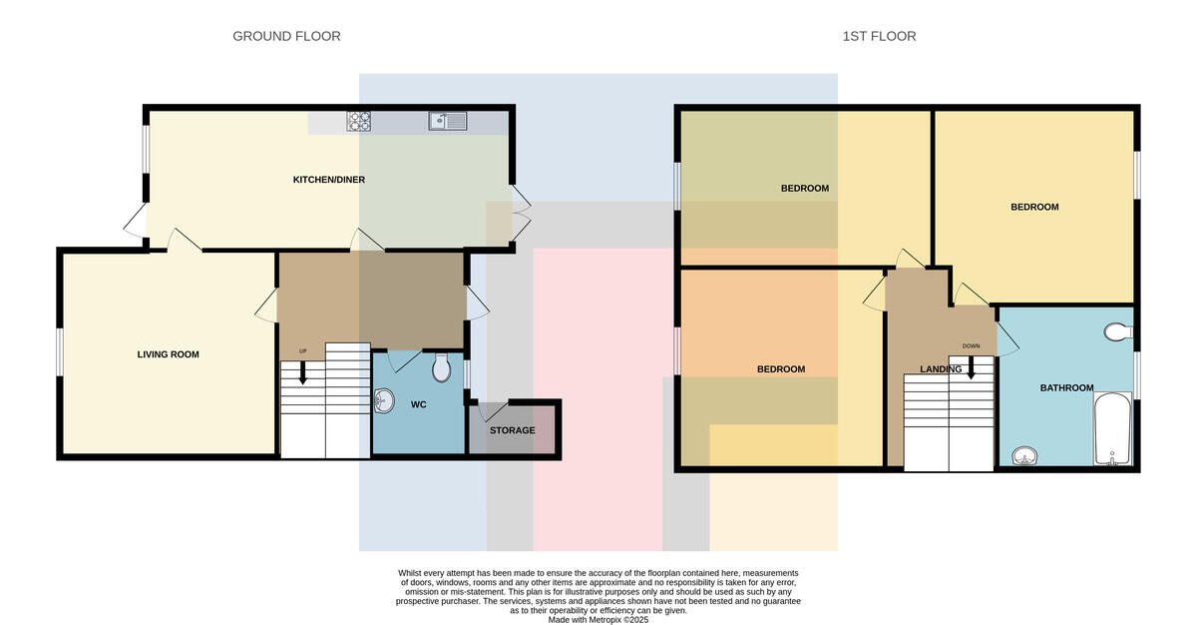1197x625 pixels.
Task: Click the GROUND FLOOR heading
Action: [x=286, y=36]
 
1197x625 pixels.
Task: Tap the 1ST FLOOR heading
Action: [x=879, y=36]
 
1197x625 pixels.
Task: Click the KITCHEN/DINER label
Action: [x=328, y=180]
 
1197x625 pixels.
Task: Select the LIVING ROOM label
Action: [x=168, y=354]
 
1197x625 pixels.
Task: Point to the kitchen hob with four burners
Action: [x=358, y=122]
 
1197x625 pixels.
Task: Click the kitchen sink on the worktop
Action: [x=448, y=121]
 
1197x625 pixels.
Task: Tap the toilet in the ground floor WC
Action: [x=441, y=367]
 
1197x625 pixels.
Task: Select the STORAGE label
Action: [x=512, y=430]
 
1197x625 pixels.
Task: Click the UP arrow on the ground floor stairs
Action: [x=302, y=372]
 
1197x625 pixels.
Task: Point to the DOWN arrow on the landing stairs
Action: [x=971, y=367]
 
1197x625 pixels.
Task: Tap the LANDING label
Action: [x=941, y=369]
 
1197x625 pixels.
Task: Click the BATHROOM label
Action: [x=1066, y=388]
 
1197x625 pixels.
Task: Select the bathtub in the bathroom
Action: [x=1112, y=428]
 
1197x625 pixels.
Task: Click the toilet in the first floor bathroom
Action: [x=1118, y=332]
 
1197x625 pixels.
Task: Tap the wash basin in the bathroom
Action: [x=1025, y=456]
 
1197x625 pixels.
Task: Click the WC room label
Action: [x=418, y=404]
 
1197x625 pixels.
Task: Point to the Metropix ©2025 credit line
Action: [x=598, y=620]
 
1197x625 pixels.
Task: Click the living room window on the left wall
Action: [x=60, y=352]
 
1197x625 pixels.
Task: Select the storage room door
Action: [x=493, y=410]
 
